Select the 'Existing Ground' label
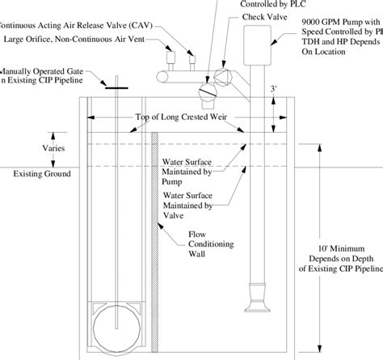click(x=36, y=174)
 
